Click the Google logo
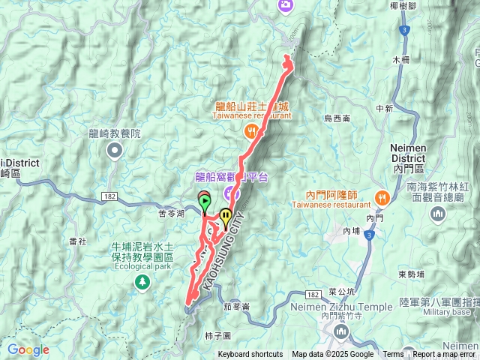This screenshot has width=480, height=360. click(x=28, y=349)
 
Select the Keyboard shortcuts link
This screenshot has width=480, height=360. click(x=250, y=355)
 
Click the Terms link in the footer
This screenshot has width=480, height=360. click(x=393, y=355)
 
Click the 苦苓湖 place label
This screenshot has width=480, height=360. click(x=172, y=213)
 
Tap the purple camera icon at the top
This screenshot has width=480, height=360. click(x=285, y=5)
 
